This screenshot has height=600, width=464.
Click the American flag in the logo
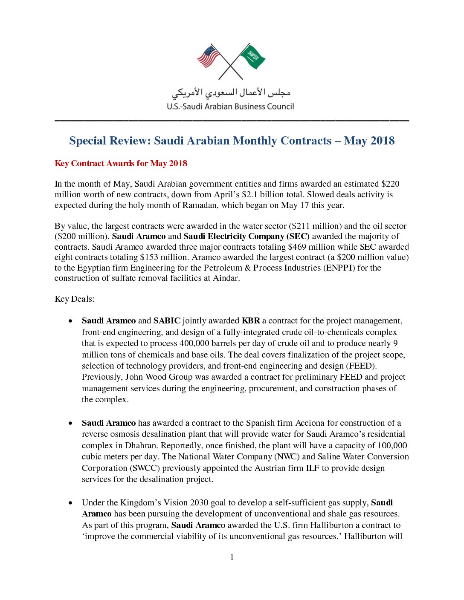pos(209,57)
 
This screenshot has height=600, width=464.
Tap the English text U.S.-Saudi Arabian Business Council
pos(230,107)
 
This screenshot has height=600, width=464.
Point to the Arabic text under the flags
pos(231,92)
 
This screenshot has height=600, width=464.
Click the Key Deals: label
pos(75,299)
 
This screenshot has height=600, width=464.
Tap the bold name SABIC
pos(167,321)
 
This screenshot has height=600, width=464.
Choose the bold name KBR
pos(251,321)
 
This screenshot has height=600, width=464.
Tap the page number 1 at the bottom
pos(232,557)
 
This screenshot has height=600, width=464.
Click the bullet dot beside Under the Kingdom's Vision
pos(70,503)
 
